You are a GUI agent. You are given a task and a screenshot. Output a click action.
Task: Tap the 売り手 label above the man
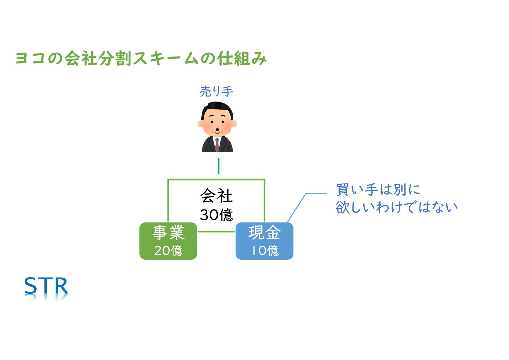216,91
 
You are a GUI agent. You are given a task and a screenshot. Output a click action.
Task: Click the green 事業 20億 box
168,241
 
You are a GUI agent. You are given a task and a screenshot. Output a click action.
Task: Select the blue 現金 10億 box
264,241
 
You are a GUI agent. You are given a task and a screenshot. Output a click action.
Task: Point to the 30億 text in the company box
216,215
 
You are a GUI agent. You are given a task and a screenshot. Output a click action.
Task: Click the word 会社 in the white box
216,196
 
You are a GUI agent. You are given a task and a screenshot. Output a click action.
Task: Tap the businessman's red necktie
217,144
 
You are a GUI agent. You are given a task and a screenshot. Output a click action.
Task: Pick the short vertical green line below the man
219,166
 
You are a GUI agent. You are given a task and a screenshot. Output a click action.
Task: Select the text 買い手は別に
378,190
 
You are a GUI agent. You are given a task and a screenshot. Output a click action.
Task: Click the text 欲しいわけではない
397,207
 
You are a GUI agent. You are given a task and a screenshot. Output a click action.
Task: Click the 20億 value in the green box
168,250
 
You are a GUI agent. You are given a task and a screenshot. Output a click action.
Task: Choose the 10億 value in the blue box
265,250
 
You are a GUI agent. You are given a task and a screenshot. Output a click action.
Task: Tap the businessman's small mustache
217,131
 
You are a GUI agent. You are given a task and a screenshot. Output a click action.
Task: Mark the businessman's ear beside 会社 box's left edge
200,124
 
